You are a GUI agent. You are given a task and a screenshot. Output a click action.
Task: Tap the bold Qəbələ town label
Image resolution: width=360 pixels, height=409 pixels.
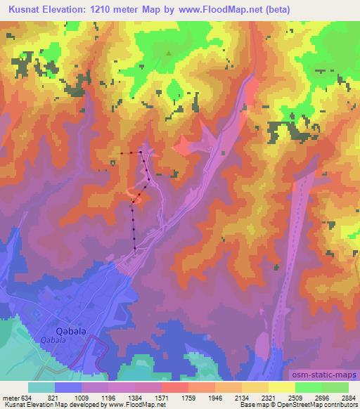[x=70, y=330]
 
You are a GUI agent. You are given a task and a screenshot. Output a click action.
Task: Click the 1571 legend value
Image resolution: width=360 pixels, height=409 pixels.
[x=172, y=397]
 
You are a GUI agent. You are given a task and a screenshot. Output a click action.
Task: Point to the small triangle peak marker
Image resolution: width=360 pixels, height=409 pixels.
[x=168, y=53]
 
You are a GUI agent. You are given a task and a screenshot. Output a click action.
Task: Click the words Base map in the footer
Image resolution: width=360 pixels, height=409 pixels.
[x=250, y=405]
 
